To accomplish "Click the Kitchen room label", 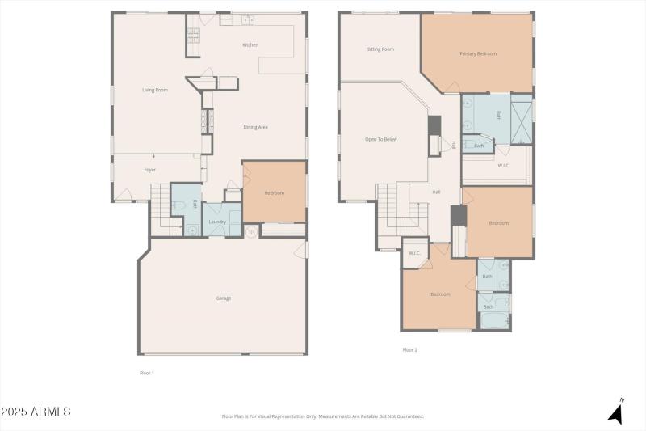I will click(250, 44).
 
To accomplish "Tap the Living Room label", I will click(155, 90).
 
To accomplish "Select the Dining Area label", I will click(256, 127).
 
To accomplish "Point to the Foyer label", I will click(149, 170).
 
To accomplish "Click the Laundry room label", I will click(217, 222).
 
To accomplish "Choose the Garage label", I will click(224, 298).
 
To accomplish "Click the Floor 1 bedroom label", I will click(275, 192).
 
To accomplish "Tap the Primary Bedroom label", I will click(478, 53).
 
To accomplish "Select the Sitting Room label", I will click(380, 49).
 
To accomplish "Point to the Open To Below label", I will click(380, 139).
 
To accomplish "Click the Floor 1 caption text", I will click(147, 373).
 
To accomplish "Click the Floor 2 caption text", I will click(410, 350).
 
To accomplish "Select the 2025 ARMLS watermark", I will click(36, 412).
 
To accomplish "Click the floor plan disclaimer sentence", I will click(323, 416).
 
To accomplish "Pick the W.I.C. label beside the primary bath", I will click(504, 166).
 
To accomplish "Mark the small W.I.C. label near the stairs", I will click(414, 253).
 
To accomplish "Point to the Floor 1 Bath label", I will click(195, 205).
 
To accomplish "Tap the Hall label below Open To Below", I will click(436, 192).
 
